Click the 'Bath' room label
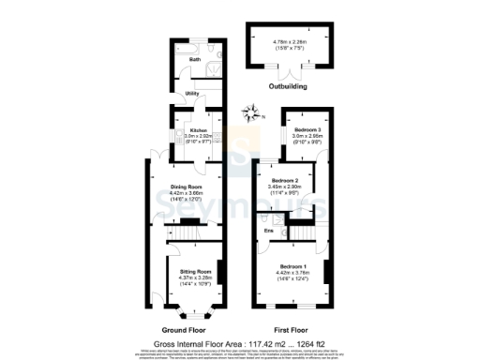195,59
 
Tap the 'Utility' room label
191,94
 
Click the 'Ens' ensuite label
268,230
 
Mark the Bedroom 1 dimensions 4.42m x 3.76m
295,273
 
